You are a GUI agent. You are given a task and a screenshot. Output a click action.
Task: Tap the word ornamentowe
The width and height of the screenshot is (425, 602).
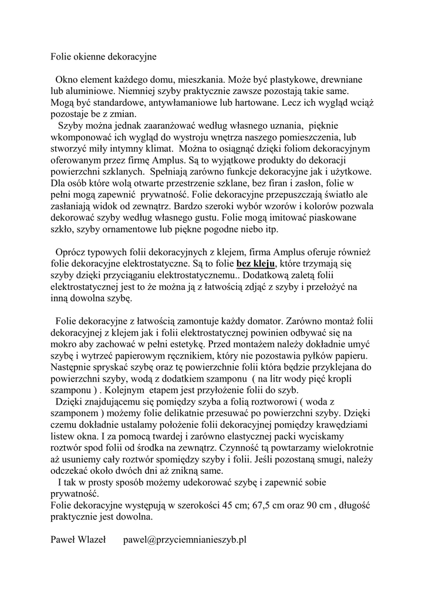(138, 229)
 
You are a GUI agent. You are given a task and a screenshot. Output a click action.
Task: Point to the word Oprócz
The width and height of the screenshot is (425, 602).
(72, 252)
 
